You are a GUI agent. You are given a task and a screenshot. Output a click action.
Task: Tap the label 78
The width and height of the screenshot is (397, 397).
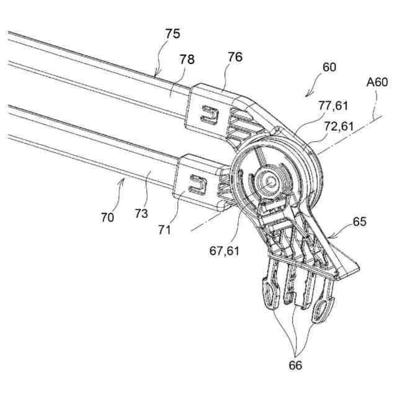[x=187, y=60]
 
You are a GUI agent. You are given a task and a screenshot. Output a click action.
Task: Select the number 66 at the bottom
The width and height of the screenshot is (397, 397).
[x=296, y=366]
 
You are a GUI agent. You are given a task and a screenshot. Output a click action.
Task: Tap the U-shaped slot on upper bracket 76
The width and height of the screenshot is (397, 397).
[x=210, y=114]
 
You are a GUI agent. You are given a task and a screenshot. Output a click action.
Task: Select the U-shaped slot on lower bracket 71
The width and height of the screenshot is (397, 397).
[x=198, y=181]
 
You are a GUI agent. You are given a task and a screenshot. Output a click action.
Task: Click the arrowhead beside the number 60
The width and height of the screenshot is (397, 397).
[x=306, y=94]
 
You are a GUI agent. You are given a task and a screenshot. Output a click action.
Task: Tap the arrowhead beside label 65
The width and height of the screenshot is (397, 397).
[x=328, y=238]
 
